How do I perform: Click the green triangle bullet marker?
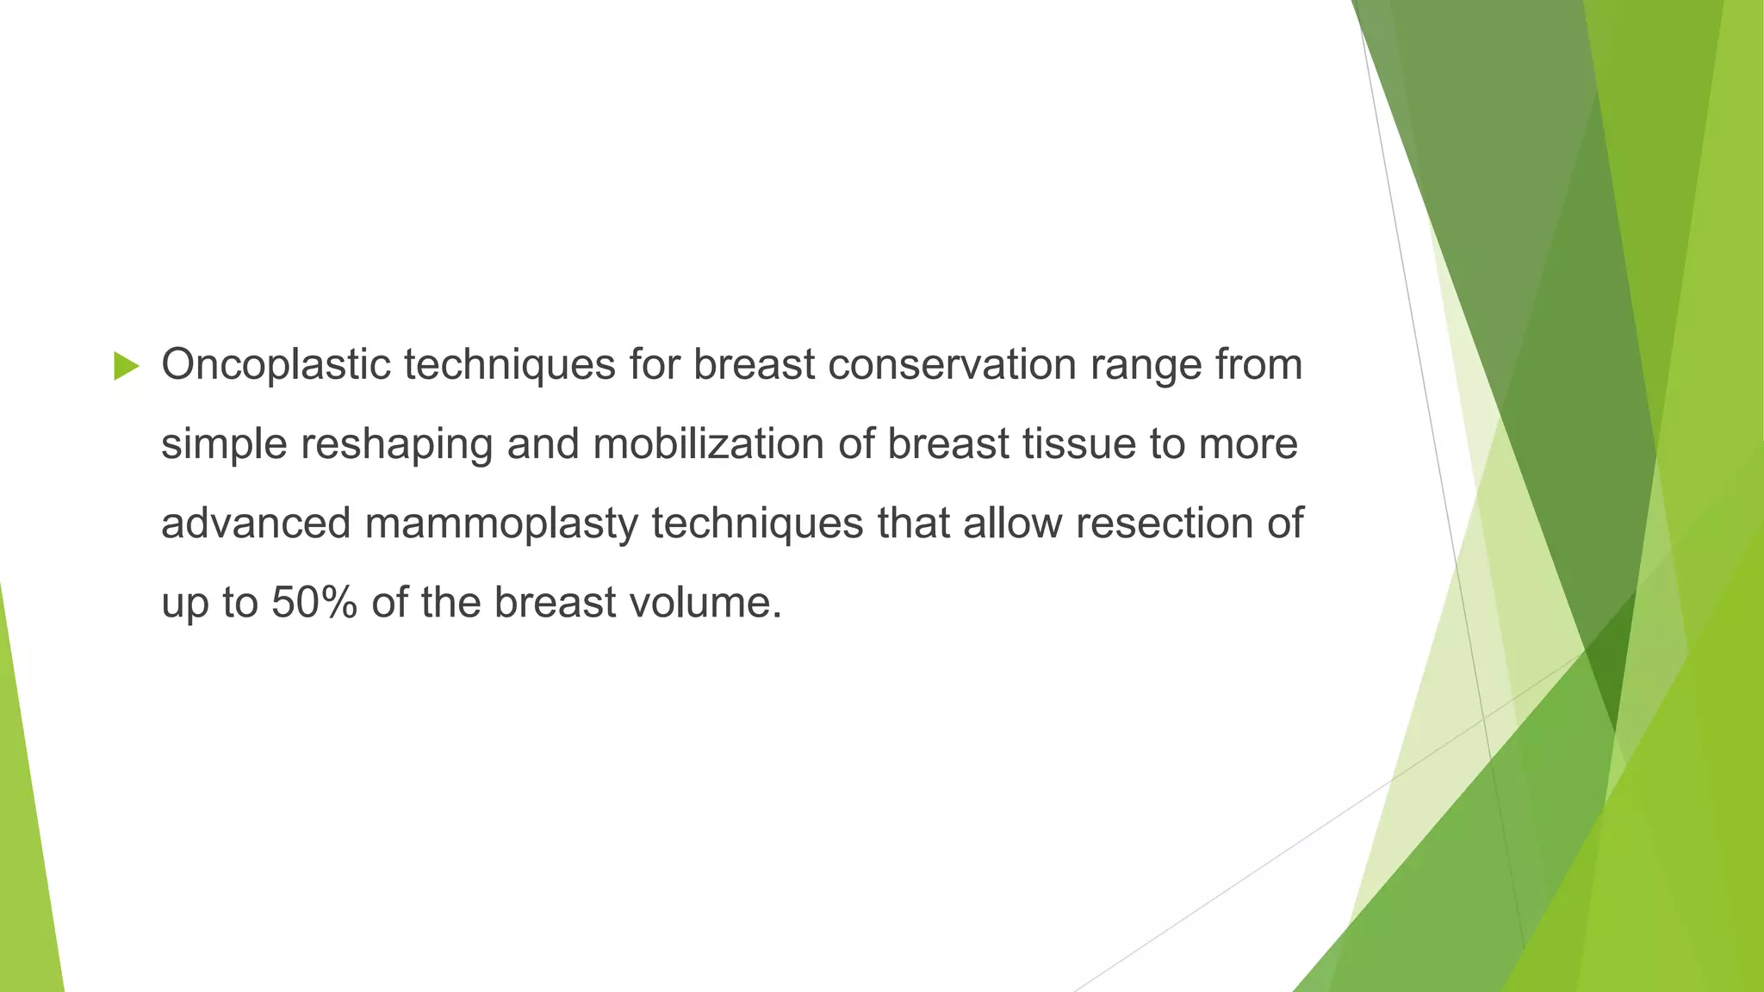pyautogui.click(x=126, y=366)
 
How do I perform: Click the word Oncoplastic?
pyautogui.click(x=276, y=364)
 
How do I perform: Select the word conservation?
pyautogui.click(x=952, y=364)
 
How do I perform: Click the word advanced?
pyautogui.click(x=255, y=524)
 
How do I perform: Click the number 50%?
pyautogui.click(x=314, y=602)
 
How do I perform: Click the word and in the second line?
pyautogui.click(x=542, y=444)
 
